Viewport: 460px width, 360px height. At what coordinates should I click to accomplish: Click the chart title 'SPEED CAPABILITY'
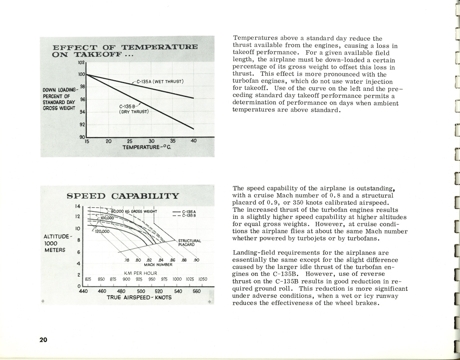[123, 196]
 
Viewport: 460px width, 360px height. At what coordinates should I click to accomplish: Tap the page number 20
[43, 340]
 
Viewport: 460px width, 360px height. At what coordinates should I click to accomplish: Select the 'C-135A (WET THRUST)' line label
[160, 81]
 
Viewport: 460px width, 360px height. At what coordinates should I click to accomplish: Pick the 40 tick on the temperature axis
[194, 141]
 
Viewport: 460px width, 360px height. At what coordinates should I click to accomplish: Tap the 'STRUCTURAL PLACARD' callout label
[189, 243]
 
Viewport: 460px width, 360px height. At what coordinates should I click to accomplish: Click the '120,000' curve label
[102, 231]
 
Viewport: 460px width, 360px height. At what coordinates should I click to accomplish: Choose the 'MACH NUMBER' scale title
[158, 265]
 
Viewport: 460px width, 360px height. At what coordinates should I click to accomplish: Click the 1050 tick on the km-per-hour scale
[203, 279]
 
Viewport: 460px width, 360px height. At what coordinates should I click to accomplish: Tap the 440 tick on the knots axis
[83, 291]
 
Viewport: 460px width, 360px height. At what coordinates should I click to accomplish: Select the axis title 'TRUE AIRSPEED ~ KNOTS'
[139, 297]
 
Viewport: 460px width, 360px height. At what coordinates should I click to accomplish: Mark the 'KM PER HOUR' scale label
[140, 273]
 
